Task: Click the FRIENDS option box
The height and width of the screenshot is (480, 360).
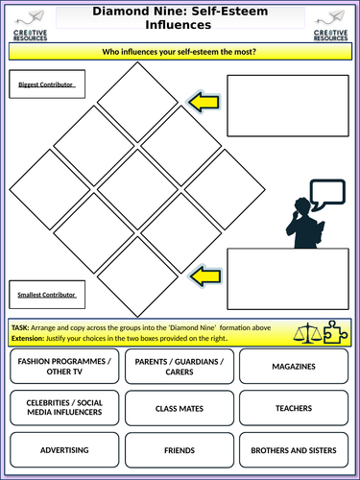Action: (180, 448)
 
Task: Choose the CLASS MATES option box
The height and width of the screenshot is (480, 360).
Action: (180, 408)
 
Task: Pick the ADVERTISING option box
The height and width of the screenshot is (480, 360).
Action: (65, 448)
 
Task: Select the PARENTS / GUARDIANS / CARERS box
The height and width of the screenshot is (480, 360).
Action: (180, 366)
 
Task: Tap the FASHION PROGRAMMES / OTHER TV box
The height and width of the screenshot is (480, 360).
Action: (65, 366)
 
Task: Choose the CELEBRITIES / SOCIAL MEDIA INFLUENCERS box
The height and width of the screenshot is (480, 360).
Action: (65, 408)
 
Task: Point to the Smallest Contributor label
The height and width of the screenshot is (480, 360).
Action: (44, 291)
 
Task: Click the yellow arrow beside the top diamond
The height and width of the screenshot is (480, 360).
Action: (204, 99)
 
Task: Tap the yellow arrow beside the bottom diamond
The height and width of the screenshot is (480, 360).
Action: (204, 277)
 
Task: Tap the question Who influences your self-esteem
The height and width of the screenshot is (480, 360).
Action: (179, 53)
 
